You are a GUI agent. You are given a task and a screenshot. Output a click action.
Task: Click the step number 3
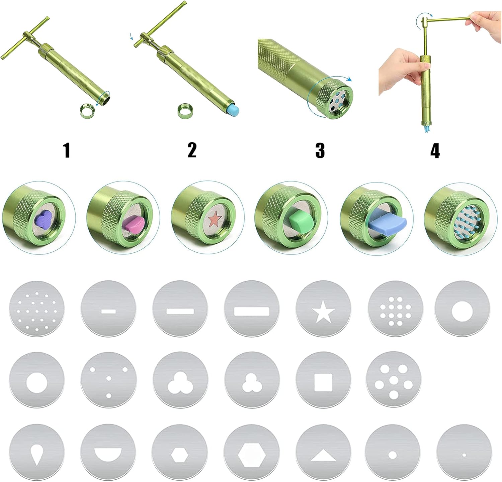pos(320,150)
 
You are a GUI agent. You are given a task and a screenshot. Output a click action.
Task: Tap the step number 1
pos(67,150)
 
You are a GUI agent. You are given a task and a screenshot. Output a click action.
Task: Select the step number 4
pos(435,150)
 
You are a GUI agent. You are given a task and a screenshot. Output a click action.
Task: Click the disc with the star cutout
pos(323,308)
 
